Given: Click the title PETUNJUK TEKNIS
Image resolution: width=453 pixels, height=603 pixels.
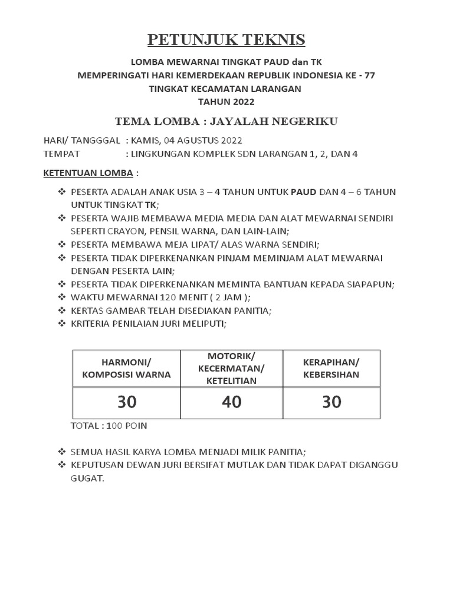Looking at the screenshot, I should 226,40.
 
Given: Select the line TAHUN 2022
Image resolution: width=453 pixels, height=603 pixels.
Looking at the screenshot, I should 226,101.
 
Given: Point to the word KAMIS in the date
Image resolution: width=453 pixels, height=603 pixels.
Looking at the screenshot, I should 145,140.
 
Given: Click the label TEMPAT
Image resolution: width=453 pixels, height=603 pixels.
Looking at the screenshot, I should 62,154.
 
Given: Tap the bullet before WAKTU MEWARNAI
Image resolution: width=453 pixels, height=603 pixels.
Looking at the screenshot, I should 61,297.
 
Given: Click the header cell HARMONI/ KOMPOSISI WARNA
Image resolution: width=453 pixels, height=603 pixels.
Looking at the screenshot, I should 127,368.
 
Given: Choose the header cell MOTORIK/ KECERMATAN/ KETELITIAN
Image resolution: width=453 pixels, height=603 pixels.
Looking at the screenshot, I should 231,368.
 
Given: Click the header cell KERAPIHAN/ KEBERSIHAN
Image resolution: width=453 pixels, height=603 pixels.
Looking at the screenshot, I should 331,368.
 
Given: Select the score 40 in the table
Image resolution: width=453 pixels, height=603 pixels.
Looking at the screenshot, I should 231,402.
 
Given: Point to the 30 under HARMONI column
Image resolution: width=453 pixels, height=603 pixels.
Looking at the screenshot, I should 127,402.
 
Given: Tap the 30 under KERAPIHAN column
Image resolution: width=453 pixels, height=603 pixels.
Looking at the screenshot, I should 331,402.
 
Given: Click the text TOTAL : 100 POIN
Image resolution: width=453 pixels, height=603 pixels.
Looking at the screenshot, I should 109,426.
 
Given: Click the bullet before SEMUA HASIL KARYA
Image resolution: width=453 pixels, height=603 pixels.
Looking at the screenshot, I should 61,452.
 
